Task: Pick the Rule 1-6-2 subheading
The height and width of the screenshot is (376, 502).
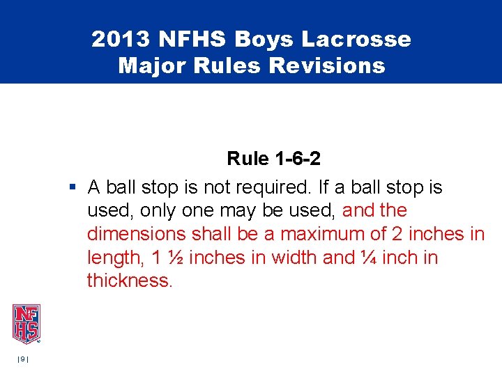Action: click(x=273, y=159)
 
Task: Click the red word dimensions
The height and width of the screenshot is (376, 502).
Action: click(x=136, y=234)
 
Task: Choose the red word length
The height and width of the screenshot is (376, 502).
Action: click(x=114, y=258)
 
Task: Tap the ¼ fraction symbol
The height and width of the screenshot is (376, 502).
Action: click(x=367, y=258)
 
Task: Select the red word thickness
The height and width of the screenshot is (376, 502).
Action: click(x=128, y=281)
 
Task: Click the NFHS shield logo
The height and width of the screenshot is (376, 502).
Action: click(x=26, y=324)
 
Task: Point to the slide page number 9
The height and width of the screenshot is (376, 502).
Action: click(x=22, y=359)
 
